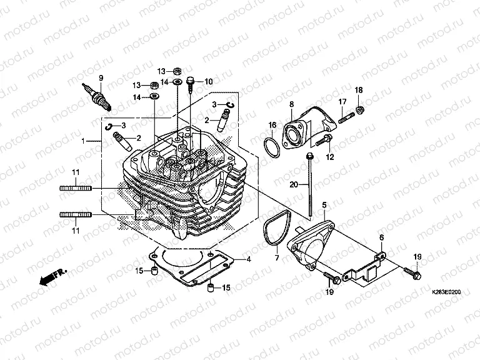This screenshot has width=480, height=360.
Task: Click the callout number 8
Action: (x=291, y=103)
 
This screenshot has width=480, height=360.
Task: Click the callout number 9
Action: (x=99, y=77)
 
